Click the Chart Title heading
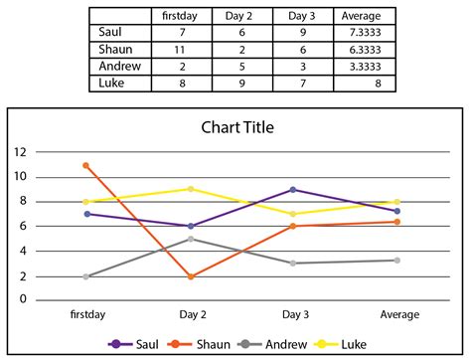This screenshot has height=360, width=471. (x=237, y=127)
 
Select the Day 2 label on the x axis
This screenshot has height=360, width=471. (x=192, y=314)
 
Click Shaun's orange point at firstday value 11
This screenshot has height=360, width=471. (x=86, y=165)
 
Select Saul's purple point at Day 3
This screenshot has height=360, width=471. (x=292, y=190)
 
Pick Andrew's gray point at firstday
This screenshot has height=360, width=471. (x=86, y=275)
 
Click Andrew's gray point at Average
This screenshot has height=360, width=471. (x=397, y=261)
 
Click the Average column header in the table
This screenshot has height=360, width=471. (x=361, y=16)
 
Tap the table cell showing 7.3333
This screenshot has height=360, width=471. (x=361, y=32)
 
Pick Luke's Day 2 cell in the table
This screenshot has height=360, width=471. (x=234, y=83)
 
